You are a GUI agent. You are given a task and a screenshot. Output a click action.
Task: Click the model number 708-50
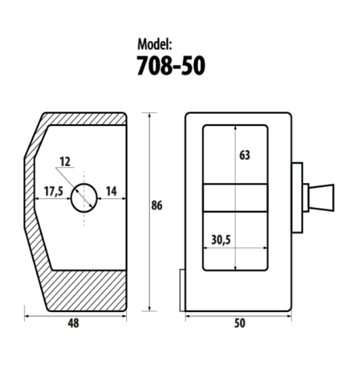tap(171, 66)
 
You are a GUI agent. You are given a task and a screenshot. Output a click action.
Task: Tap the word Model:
tap(155, 44)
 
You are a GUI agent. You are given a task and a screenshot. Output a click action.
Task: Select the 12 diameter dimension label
tap(65, 162)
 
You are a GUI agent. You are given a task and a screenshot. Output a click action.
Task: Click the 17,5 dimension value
tap(54, 192)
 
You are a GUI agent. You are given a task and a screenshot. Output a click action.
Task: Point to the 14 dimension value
tap(111, 192)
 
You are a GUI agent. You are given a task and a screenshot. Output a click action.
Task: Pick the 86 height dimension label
tap(157, 206)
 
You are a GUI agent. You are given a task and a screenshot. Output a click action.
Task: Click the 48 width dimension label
tap(73, 323)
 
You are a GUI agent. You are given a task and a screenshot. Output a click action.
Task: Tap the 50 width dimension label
tap(239, 323)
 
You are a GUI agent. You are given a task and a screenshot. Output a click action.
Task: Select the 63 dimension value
tap(245, 155)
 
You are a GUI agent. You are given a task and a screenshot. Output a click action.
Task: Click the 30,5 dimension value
tap(221, 240)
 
